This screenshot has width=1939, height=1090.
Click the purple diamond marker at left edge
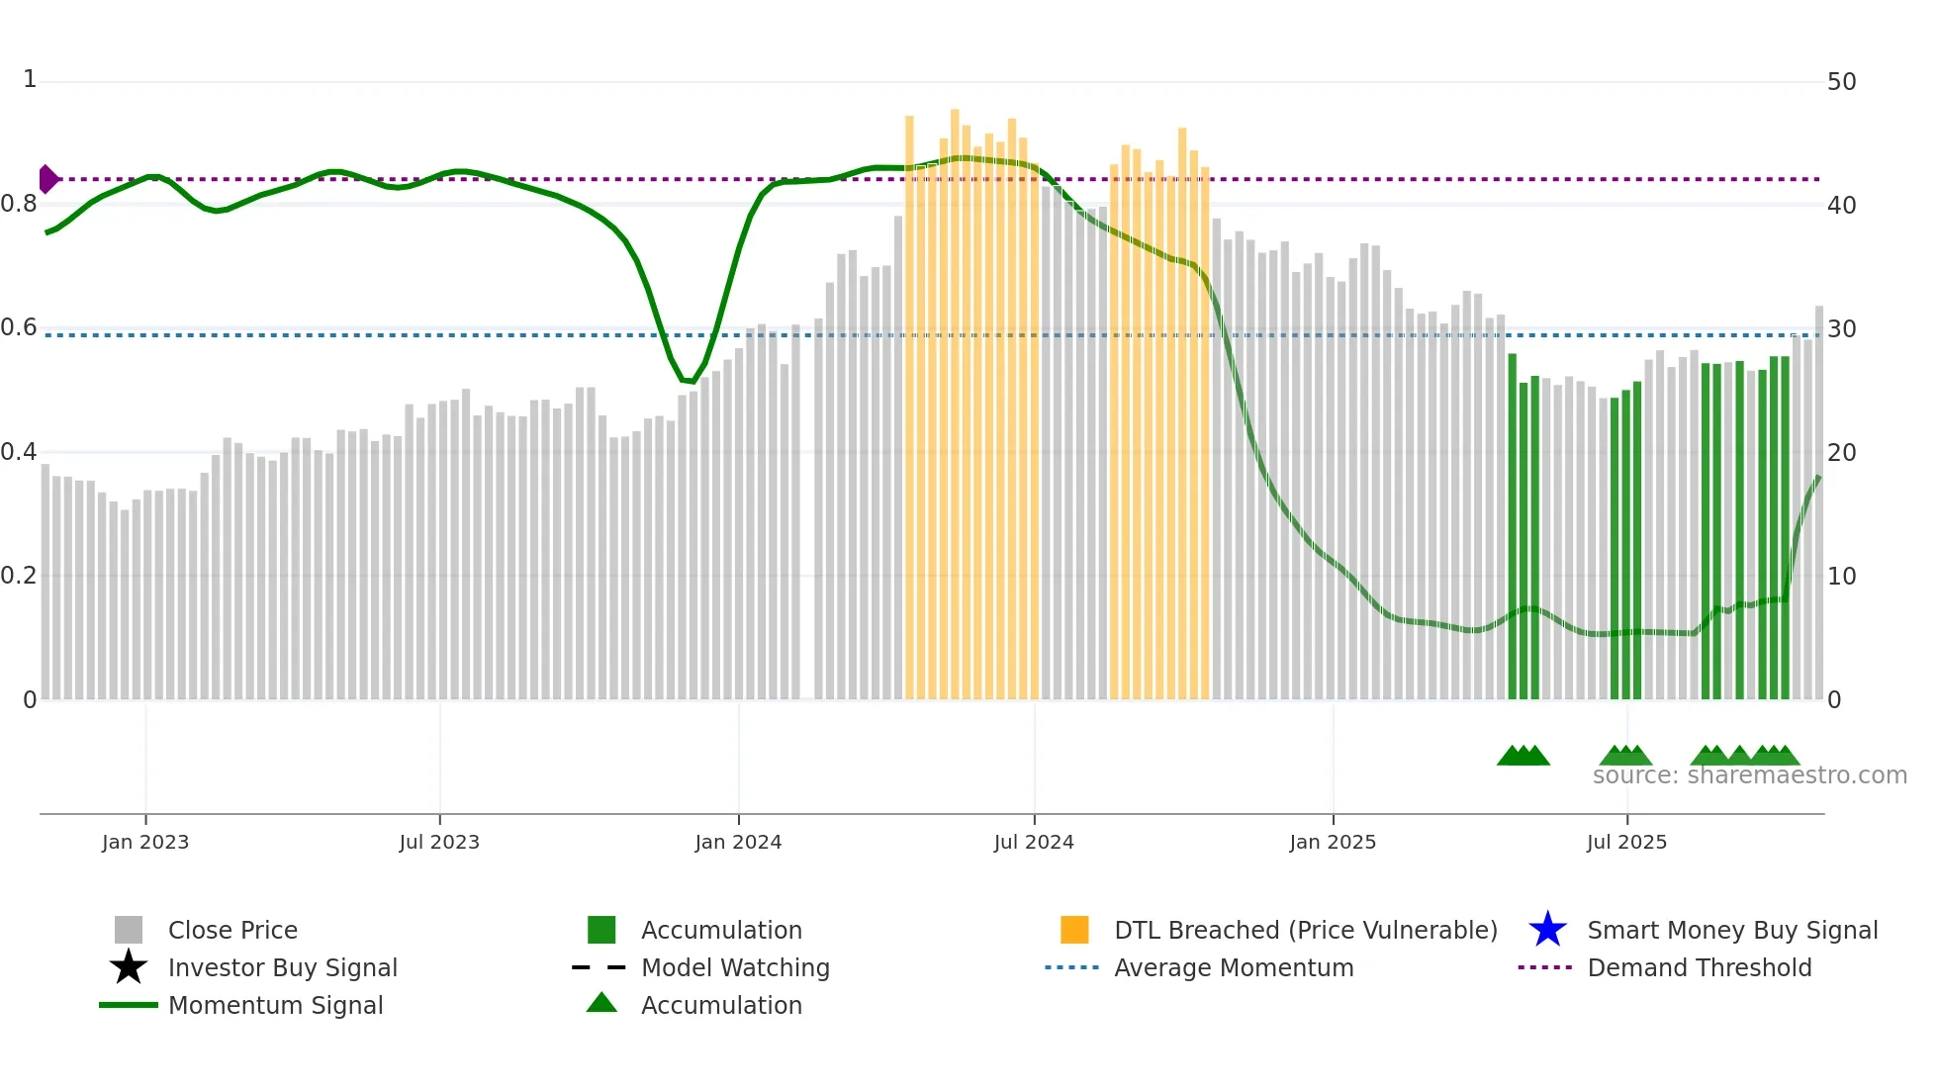(x=47, y=179)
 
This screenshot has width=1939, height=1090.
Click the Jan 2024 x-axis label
(x=738, y=843)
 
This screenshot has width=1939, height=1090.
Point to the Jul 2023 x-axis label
(x=439, y=843)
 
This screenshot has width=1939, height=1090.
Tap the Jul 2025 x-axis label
(x=1626, y=843)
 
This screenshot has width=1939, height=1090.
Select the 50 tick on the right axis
(x=1841, y=82)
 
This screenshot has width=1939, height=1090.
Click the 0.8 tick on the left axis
(x=19, y=205)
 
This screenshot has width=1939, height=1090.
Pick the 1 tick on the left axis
(x=30, y=80)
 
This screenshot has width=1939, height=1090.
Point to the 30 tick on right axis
(x=1841, y=329)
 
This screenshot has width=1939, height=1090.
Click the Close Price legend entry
(x=231, y=931)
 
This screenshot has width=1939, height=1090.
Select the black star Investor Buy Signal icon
(x=129, y=967)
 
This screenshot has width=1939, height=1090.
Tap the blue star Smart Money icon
(x=1547, y=930)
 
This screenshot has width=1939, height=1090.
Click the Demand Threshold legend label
(x=1699, y=968)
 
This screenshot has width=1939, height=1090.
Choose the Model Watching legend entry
(x=734, y=968)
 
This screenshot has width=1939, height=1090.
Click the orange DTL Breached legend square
(x=1074, y=930)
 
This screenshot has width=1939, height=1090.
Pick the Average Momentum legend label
(x=1233, y=968)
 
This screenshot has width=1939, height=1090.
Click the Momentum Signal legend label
(x=275, y=1006)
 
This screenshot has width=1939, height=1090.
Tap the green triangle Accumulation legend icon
(x=601, y=1004)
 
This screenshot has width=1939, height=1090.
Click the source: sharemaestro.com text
(x=1749, y=775)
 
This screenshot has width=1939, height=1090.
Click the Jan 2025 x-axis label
(x=1333, y=843)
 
